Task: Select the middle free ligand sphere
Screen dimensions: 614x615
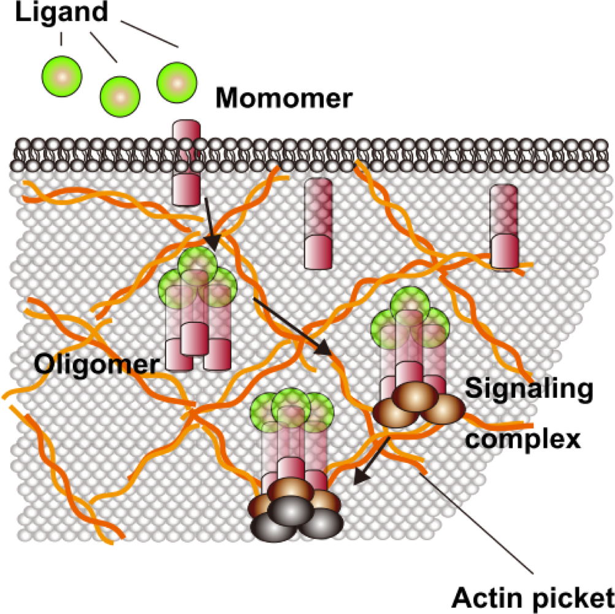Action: [x=120, y=95]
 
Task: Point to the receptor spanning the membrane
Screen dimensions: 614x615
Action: [x=186, y=163]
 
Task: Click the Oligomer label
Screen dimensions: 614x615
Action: [x=95, y=364]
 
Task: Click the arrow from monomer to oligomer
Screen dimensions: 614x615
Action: [x=209, y=224]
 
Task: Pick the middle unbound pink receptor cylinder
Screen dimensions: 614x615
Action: [x=318, y=224]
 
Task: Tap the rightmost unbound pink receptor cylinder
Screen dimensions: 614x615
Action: [x=503, y=227]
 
